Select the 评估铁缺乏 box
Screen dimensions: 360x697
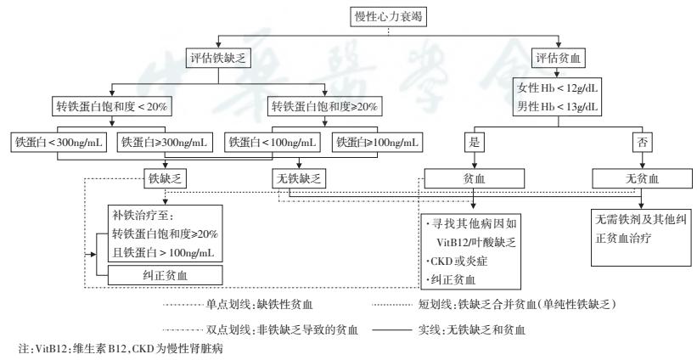pos(219,59)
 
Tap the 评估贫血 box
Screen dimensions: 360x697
pos(558,59)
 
